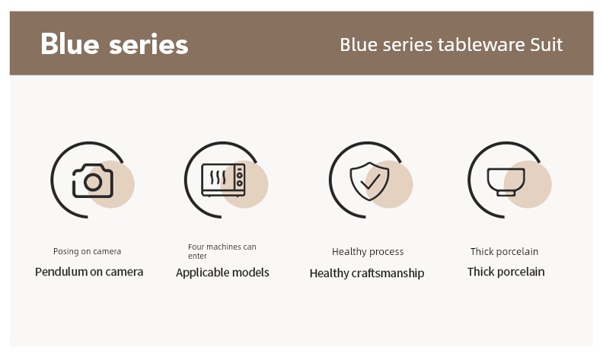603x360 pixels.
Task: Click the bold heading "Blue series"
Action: point(114,44)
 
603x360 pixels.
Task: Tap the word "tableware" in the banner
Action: point(481,45)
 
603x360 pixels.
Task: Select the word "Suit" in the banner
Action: point(547,45)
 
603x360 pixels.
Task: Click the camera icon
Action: point(93,181)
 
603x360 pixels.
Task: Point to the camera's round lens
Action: point(93,182)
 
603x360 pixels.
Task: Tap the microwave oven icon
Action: point(223,180)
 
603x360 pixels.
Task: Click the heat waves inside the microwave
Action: point(218,177)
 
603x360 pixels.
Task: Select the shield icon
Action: point(369,181)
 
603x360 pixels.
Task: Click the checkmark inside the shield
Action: point(370,181)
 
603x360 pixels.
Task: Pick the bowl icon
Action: point(506,182)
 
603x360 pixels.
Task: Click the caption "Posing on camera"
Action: point(88,251)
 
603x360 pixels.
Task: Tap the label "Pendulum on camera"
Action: point(89,272)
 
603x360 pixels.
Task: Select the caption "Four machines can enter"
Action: point(222,251)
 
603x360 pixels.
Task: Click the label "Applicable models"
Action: point(222,272)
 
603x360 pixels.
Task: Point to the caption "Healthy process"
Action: point(368,252)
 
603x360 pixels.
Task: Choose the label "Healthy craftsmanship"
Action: point(367,273)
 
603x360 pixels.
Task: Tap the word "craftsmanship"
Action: point(388,273)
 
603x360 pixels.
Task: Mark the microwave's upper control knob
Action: point(240,175)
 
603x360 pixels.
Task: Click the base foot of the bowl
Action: point(506,193)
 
